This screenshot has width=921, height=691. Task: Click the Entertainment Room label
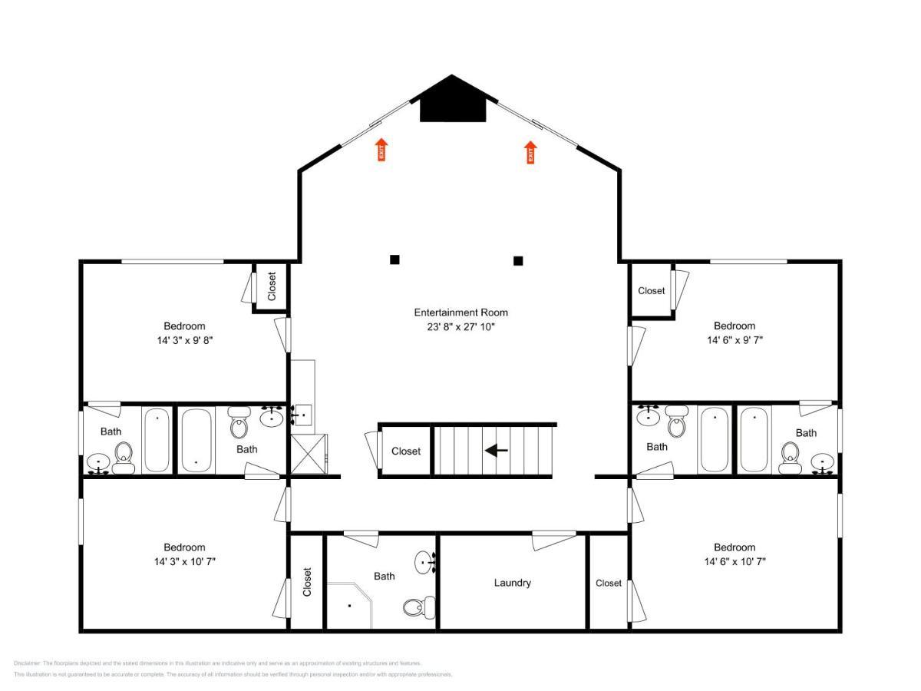point(460,312)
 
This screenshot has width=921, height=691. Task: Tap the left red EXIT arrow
point(381,150)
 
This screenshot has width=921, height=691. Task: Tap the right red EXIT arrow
point(530,152)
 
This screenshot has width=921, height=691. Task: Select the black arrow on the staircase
point(497,451)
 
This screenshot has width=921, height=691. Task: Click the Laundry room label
point(512,583)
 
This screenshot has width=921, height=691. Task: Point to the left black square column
point(394,260)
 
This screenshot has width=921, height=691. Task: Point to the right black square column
point(518,260)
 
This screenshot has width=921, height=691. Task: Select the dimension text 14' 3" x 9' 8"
point(184,339)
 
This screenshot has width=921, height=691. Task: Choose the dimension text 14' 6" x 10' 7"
point(734,561)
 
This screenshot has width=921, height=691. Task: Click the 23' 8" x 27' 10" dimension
point(460,326)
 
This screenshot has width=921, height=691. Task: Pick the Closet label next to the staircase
point(406,451)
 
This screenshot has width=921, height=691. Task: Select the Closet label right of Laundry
point(609,583)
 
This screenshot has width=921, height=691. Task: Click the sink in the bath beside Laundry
point(424,563)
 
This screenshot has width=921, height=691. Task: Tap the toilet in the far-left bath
point(124,458)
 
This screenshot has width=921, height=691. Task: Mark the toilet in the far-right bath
point(791,458)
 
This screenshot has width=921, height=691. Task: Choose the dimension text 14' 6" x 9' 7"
point(734,339)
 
